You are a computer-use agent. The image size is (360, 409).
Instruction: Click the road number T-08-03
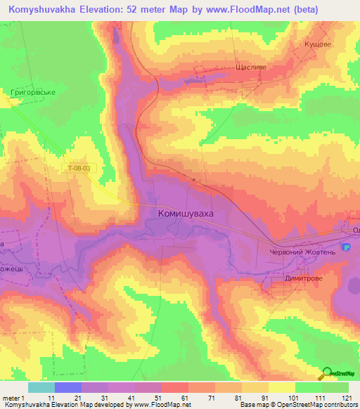pyautogui.click(x=79, y=169)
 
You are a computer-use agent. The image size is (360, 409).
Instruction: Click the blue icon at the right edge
pyautogui.click(x=345, y=247)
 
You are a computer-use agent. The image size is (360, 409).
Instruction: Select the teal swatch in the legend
pyautogui.click(x=41, y=387)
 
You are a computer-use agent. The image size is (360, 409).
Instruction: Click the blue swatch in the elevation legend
pyautogui.click(x=68, y=387)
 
